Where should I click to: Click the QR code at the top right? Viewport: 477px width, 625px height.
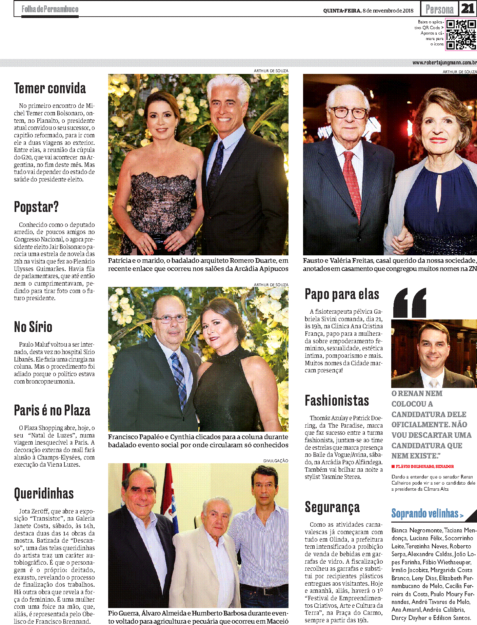(460, 35)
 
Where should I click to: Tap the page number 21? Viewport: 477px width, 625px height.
(468, 9)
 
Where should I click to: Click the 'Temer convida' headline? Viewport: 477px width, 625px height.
(50, 88)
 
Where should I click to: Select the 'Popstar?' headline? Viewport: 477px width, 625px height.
(36, 207)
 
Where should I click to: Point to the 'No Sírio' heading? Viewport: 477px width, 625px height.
(33, 327)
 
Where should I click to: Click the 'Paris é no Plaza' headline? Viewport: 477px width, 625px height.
(52, 410)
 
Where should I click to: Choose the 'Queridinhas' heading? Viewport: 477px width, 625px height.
(44, 493)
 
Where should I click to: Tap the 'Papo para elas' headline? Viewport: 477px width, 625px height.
(342, 294)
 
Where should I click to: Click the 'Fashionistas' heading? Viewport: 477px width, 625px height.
(337, 401)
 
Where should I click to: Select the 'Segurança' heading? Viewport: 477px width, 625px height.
(332, 507)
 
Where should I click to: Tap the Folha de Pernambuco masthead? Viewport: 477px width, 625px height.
(50, 9)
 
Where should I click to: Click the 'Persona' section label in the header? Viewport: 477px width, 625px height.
(439, 9)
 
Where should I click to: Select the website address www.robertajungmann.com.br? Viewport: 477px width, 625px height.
(444, 63)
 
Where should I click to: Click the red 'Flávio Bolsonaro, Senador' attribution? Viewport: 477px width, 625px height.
(424, 467)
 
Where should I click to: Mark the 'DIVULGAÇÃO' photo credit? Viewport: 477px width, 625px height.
(276, 461)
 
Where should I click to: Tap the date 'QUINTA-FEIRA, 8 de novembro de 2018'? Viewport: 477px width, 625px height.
(368, 11)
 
